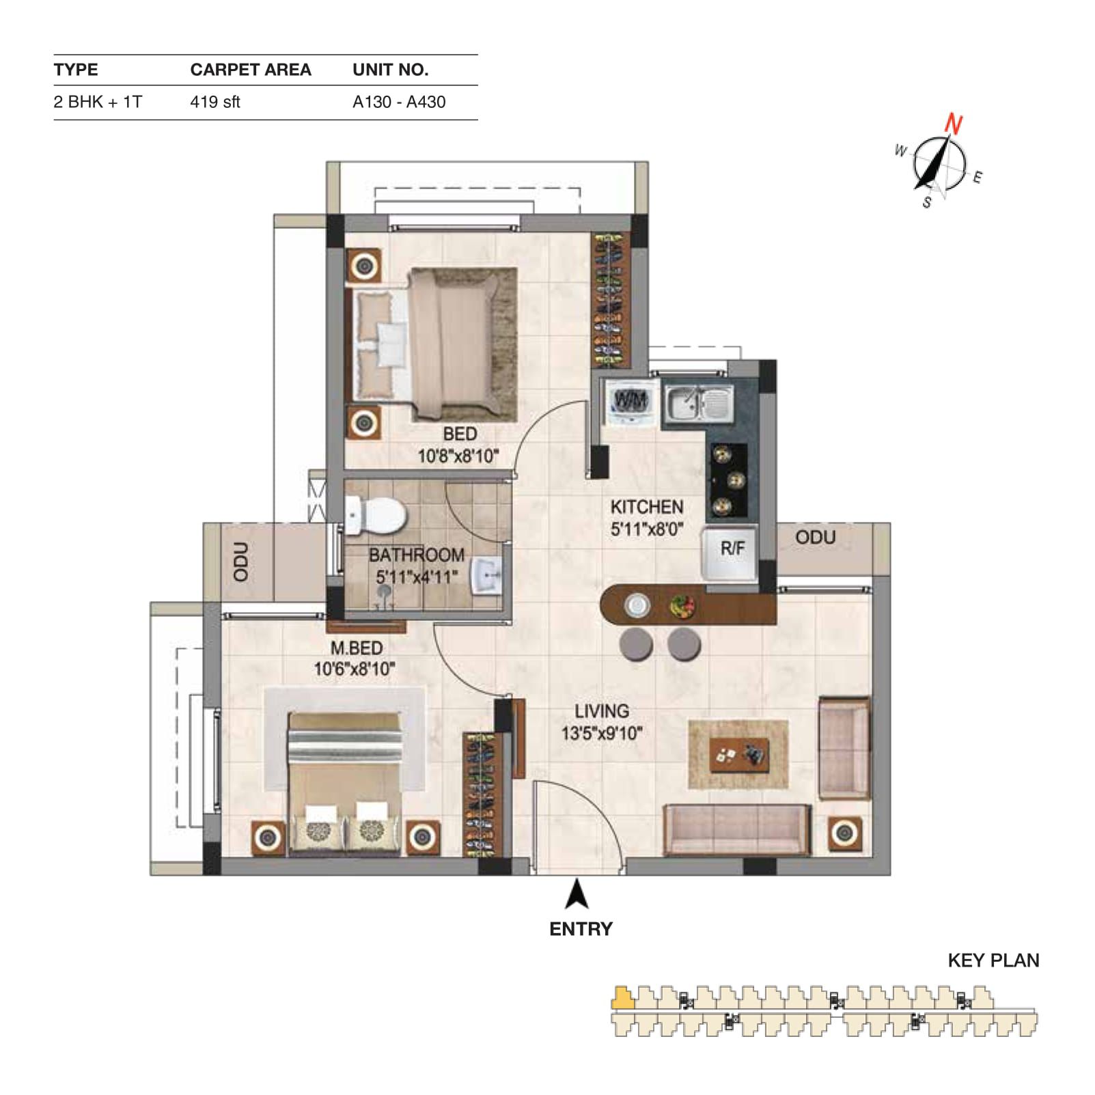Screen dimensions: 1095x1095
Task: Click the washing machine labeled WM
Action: click(x=630, y=403)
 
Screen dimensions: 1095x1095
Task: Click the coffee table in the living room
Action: click(x=740, y=754)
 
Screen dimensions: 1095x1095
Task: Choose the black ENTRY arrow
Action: click(x=578, y=894)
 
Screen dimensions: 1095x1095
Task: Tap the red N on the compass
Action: click(x=954, y=125)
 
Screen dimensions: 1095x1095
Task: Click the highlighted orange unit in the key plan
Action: click(x=622, y=998)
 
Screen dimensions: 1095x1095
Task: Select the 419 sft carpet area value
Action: click(x=215, y=102)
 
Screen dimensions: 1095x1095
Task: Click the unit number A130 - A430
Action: click(x=399, y=102)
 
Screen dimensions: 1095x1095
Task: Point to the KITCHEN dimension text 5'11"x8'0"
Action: click(x=647, y=529)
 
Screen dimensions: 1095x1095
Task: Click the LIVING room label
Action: click(x=601, y=711)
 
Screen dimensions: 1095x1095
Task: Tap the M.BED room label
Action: click(x=357, y=648)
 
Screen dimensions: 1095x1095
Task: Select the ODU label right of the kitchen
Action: click(x=815, y=538)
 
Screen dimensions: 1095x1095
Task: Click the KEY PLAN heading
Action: click(x=993, y=960)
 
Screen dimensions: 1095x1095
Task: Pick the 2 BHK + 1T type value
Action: click(x=98, y=102)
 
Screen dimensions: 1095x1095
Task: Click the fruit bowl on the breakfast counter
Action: click(x=682, y=605)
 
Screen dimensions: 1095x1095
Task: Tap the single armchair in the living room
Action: click(x=844, y=748)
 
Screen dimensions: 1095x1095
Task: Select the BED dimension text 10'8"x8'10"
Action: click(x=458, y=456)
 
